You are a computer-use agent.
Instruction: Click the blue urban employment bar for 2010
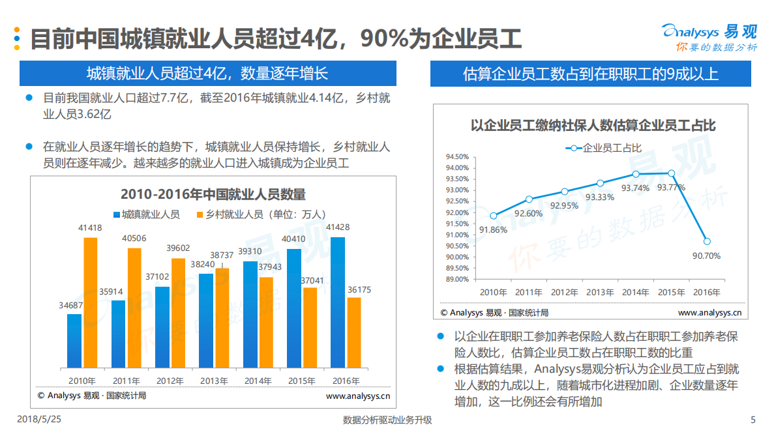(x=74, y=341)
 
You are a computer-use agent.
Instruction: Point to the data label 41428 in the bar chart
(x=338, y=227)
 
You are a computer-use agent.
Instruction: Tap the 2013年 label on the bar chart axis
(x=214, y=381)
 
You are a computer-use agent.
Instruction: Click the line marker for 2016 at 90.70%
(x=707, y=241)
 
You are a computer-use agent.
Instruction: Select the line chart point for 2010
(x=493, y=216)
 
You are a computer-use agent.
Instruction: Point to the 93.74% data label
(x=634, y=188)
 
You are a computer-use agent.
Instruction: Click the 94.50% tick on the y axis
(x=457, y=156)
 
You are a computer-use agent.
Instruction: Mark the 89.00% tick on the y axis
(x=457, y=279)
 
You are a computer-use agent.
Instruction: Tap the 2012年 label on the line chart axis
(x=564, y=292)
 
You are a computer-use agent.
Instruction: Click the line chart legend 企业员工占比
(x=603, y=148)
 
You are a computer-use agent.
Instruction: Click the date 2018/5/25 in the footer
(x=38, y=420)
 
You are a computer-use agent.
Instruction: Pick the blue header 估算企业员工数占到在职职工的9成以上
(x=590, y=74)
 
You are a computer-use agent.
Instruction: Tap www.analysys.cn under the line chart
(x=709, y=313)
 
